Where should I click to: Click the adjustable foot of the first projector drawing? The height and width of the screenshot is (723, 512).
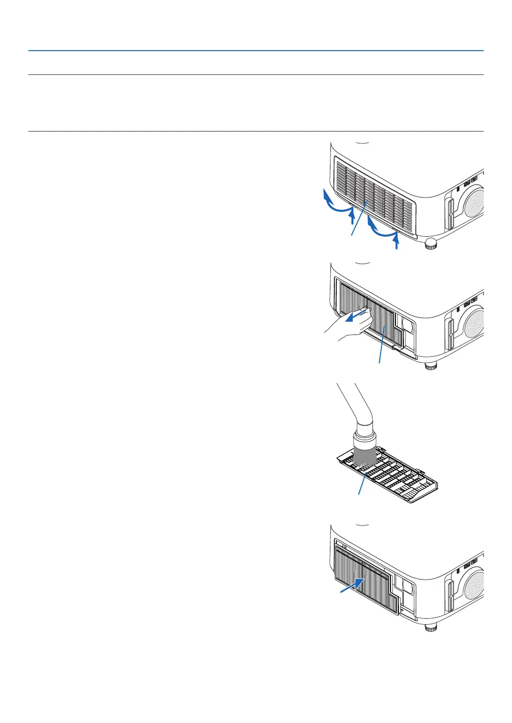pyautogui.click(x=431, y=244)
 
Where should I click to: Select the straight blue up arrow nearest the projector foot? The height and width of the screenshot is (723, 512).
pyautogui.click(x=395, y=242)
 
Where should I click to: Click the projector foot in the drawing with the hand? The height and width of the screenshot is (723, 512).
pyautogui.click(x=431, y=366)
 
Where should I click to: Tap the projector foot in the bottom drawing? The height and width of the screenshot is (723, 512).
pyautogui.click(x=431, y=627)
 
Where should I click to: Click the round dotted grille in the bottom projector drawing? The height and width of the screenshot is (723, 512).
pyautogui.click(x=475, y=586)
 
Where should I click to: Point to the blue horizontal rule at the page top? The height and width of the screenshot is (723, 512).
pyautogui.click(x=256, y=51)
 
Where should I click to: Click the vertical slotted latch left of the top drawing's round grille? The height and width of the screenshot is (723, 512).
pyautogui.click(x=450, y=213)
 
